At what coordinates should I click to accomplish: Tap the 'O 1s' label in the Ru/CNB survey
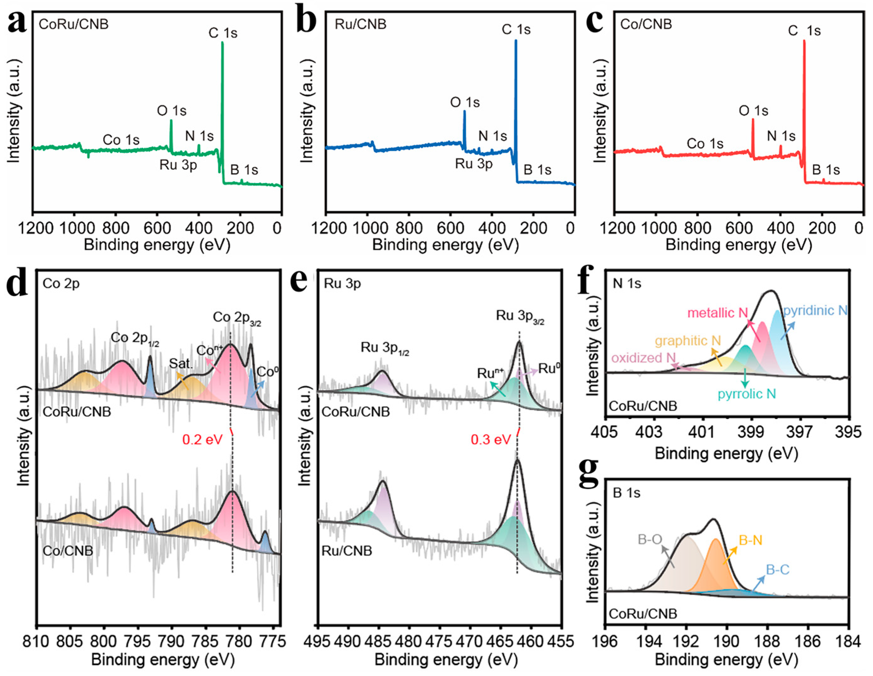click(x=465, y=103)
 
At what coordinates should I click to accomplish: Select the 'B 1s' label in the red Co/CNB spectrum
click(x=826, y=170)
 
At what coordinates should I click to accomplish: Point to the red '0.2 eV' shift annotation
click(x=202, y=440)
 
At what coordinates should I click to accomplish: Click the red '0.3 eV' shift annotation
click(x=490, y=440)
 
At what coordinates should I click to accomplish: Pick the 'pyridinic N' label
click(x=815, y=310)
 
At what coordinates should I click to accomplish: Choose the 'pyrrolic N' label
click(x=747, y=394)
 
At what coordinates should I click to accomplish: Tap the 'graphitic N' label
click(x=688, y=341)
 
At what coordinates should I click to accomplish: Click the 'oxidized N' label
click(x=643, y=358)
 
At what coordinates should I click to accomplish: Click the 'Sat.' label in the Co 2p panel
click(x=181, y=363)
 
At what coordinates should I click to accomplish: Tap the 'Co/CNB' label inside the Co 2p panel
click(x=68, y=551)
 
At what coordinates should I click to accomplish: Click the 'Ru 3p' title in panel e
click(x=342, y=284)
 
